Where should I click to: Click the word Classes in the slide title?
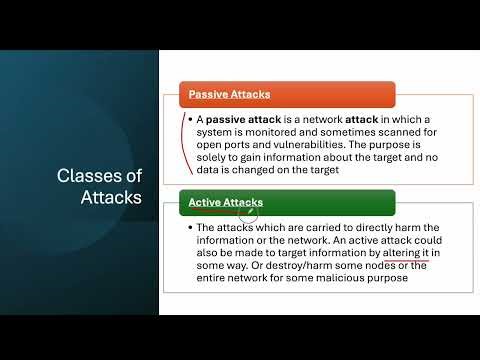113,177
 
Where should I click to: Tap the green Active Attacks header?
226,203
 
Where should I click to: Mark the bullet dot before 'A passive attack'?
188,119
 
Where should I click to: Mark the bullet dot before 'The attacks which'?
188,227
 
